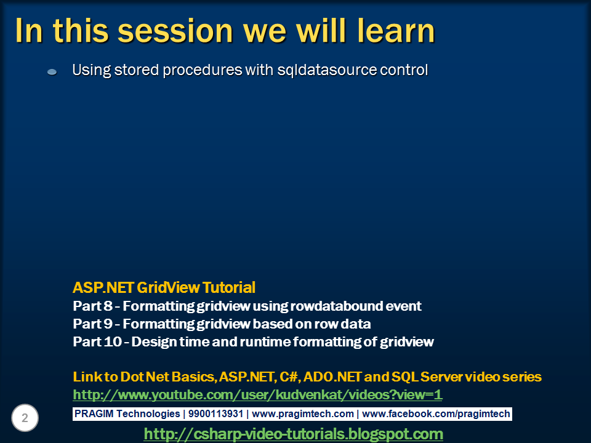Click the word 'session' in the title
[x=175, y=31]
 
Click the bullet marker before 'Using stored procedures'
[x=52, y=71]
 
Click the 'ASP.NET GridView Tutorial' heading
[x=164, y=287]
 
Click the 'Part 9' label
[x=93, y=324]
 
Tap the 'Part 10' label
[x=97, y=341]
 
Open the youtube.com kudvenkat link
[x=257, y=395]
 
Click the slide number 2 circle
[x=25, y=418]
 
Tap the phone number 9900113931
[x=215, y=414]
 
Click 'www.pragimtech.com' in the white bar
[x=303, y=414]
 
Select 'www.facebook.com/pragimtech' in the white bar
[x=436, y=414]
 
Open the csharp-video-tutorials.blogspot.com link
[x=293, y=434]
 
